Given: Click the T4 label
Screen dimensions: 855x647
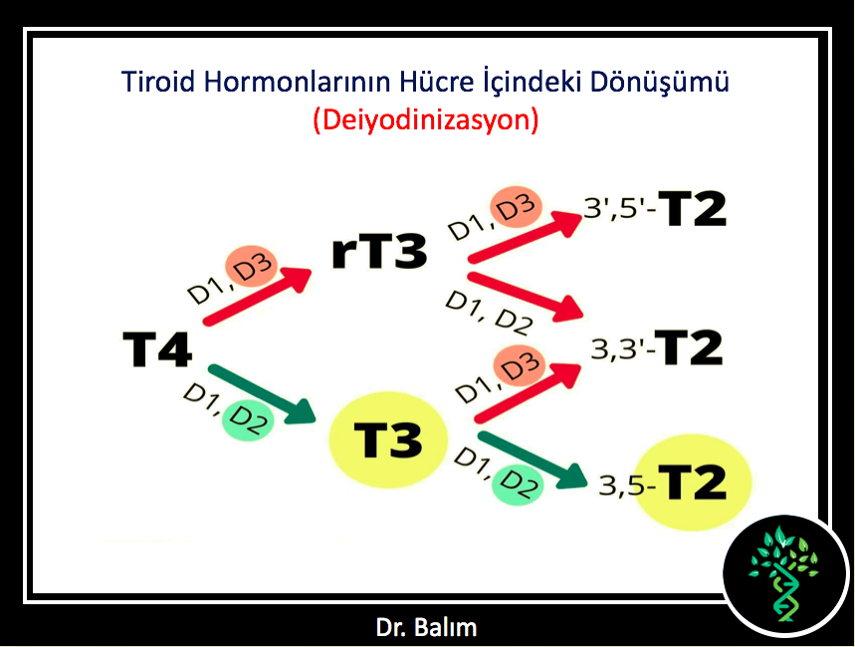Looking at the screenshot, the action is pyautogui.click(x=157, y=349).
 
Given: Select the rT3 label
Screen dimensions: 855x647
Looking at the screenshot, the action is pyautogui.click(x=379, y=252).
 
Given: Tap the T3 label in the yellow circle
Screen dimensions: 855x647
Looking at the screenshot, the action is pyautogui.click(x=388, y=440).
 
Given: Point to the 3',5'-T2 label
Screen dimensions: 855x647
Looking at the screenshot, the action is pyautogui.click(x=655, y=208).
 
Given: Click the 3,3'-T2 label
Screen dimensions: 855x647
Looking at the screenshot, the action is pyautogui.click(x=657, y=347).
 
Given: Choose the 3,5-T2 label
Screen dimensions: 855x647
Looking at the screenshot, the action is pyautogui.click(x=663, y=482).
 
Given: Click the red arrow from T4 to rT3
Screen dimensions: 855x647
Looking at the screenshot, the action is pyautogui.click(x=257, y=296).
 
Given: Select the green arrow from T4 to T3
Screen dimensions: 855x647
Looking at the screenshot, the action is pyautogui.click(x=263, y=394).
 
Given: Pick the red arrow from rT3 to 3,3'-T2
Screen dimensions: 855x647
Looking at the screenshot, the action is pyautogui.click(x=526, y=297).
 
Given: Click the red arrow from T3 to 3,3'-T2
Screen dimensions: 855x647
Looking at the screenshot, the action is pyautogui.click(x=528, y=393).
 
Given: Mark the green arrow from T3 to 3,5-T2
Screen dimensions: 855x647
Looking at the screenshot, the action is pyautogui.click(x=533, y=459).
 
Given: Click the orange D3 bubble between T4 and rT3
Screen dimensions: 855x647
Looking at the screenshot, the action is pyautogui.click(x=252, y=267).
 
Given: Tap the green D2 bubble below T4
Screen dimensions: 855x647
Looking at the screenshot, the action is pyautogui.click(x=248, y=420).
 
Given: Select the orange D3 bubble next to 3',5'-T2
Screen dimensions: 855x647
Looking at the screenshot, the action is pyautogui.click(x=516, y=207).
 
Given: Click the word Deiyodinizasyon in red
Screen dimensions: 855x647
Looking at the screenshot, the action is pyautogui.click(x=426, y=120).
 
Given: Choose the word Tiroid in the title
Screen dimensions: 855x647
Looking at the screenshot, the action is pyautogui.click(x=158, y=82).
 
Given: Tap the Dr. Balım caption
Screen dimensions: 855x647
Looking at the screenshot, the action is pyautogui.click(x=426, y=627).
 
